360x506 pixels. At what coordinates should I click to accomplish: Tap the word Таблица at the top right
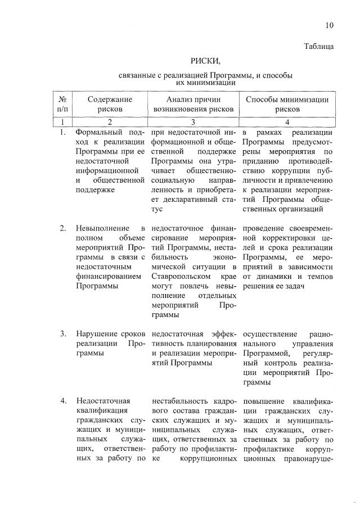(x=319, y=46)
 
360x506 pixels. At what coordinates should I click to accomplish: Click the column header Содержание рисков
(x=110, y=104)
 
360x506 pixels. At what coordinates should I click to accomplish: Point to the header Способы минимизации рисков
(x=287, y=104)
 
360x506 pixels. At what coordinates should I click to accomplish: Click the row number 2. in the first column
(x=64, y=228)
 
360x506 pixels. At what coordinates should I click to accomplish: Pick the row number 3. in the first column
(x=64, y=334)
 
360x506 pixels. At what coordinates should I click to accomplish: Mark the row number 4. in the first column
(x=64, y=401)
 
